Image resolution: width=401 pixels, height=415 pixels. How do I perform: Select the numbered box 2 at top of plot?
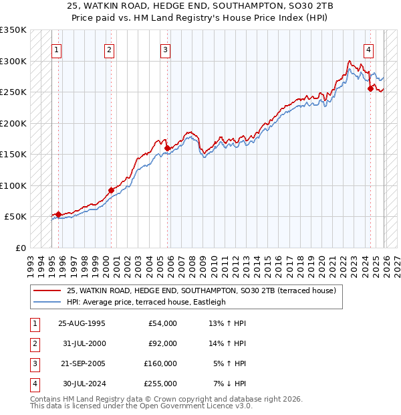coord(109,49)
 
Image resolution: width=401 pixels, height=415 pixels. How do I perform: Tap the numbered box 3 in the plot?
coord(165,49)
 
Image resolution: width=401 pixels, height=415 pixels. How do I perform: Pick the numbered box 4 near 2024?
coord(369,49)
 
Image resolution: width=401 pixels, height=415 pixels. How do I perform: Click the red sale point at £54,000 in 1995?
coord(58,214)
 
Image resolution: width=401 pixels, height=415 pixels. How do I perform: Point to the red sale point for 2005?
coord(167,149)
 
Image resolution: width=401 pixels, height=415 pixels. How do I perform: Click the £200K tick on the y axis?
coord(13,123)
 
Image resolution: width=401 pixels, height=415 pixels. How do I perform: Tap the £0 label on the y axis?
coord(20,248)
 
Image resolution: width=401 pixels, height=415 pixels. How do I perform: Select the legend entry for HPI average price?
coord(146,302)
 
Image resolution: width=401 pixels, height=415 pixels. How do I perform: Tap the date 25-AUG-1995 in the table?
coord(82,323)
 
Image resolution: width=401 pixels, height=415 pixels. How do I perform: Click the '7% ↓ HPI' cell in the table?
coord(230,384)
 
